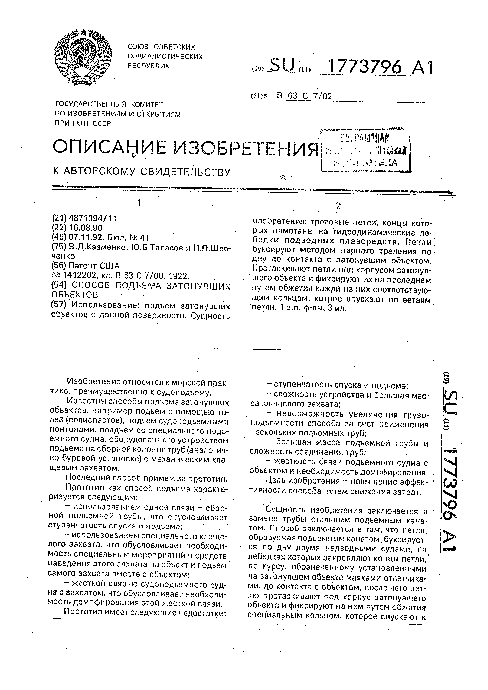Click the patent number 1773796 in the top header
365,67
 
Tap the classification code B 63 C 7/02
304,96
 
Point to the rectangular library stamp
366,150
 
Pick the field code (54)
59,285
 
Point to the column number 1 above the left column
139,203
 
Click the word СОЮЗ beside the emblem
138,47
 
